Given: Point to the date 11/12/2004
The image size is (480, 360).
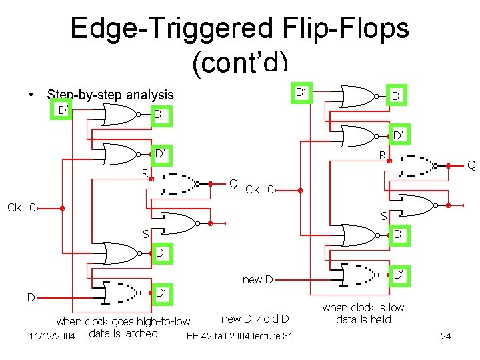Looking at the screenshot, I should click(52, 335).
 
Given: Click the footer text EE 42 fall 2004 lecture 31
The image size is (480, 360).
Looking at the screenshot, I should click(240, 335).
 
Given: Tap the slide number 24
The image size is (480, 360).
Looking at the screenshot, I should click(445, 335).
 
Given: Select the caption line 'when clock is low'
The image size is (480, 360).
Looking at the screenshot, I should click(363, 307).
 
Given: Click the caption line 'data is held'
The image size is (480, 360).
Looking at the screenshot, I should click(363, 319).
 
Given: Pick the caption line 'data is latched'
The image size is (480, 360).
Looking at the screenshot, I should click(123, 333).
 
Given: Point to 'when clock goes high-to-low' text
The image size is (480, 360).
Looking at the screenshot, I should click(123, 321).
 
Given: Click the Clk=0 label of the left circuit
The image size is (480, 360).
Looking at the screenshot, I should click(21, 207).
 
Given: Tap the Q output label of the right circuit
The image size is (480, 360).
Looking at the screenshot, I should click(471, 164).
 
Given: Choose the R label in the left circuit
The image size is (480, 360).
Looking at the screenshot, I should click(143, 173).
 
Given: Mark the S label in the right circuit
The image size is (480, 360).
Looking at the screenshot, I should click(383, 216).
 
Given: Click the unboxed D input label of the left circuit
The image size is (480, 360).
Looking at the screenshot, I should click(31, 296).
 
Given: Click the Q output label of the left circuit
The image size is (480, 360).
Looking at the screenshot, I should click(233, 184).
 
